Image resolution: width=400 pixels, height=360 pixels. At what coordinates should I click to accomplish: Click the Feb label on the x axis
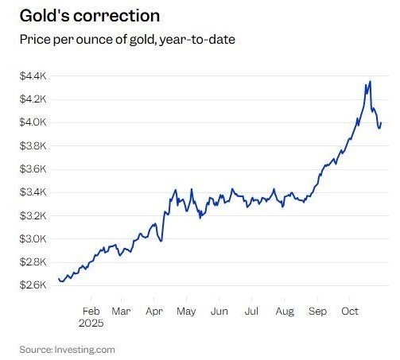point(91,312)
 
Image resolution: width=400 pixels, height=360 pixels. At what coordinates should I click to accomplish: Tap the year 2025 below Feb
point(91,324)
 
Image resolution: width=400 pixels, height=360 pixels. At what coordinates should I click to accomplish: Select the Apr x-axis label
point(153,312)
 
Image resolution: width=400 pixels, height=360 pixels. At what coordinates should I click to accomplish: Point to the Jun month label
point(219,312)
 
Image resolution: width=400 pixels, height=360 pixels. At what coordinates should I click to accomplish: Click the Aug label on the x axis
point(284,312)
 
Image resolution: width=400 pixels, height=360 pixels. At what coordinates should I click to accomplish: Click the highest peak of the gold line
point(370,81)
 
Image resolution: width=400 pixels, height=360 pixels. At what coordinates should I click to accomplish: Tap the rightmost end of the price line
point(381,123)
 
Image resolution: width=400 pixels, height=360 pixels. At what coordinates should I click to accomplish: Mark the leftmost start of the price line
point(59,279)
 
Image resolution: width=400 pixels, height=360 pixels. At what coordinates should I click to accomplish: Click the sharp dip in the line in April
point(161,241)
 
